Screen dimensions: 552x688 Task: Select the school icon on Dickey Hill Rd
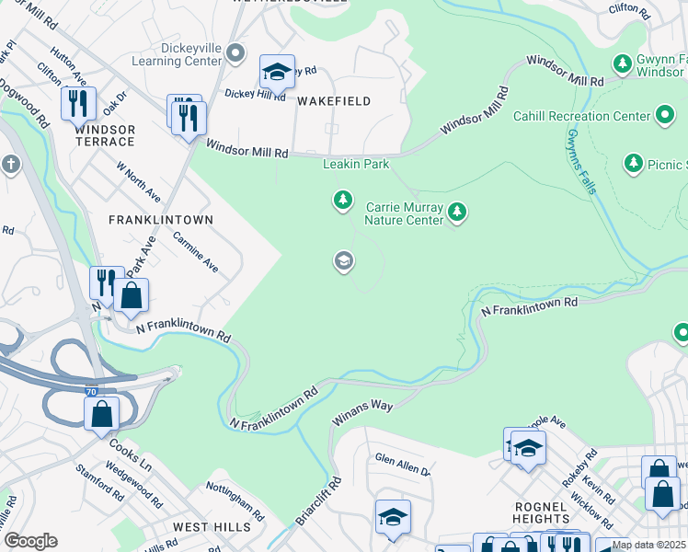coord(277,71)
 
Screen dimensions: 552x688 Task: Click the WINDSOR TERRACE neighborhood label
coord(104,135)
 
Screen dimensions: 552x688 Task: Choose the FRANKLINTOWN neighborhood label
coord(161,220)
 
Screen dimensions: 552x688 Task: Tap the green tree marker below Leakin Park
coord(342,199)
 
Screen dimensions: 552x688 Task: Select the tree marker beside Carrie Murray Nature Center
coord(456,213)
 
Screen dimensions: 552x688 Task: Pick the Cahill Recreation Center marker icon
coord(665,116)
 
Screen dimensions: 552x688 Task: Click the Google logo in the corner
coord(30,541)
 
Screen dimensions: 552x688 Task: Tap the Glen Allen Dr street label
coord(402,464)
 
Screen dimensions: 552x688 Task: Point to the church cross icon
coord(11,165)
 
